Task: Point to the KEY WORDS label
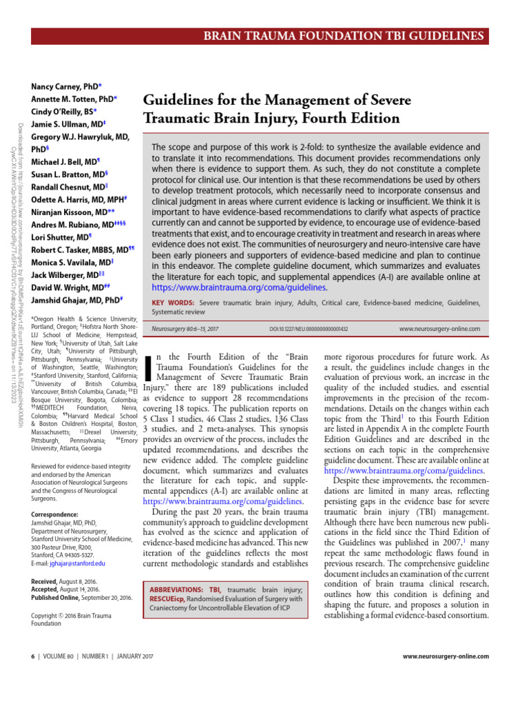click(172, 303)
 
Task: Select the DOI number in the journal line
click(308, 330)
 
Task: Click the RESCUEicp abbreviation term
click(171, 599)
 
